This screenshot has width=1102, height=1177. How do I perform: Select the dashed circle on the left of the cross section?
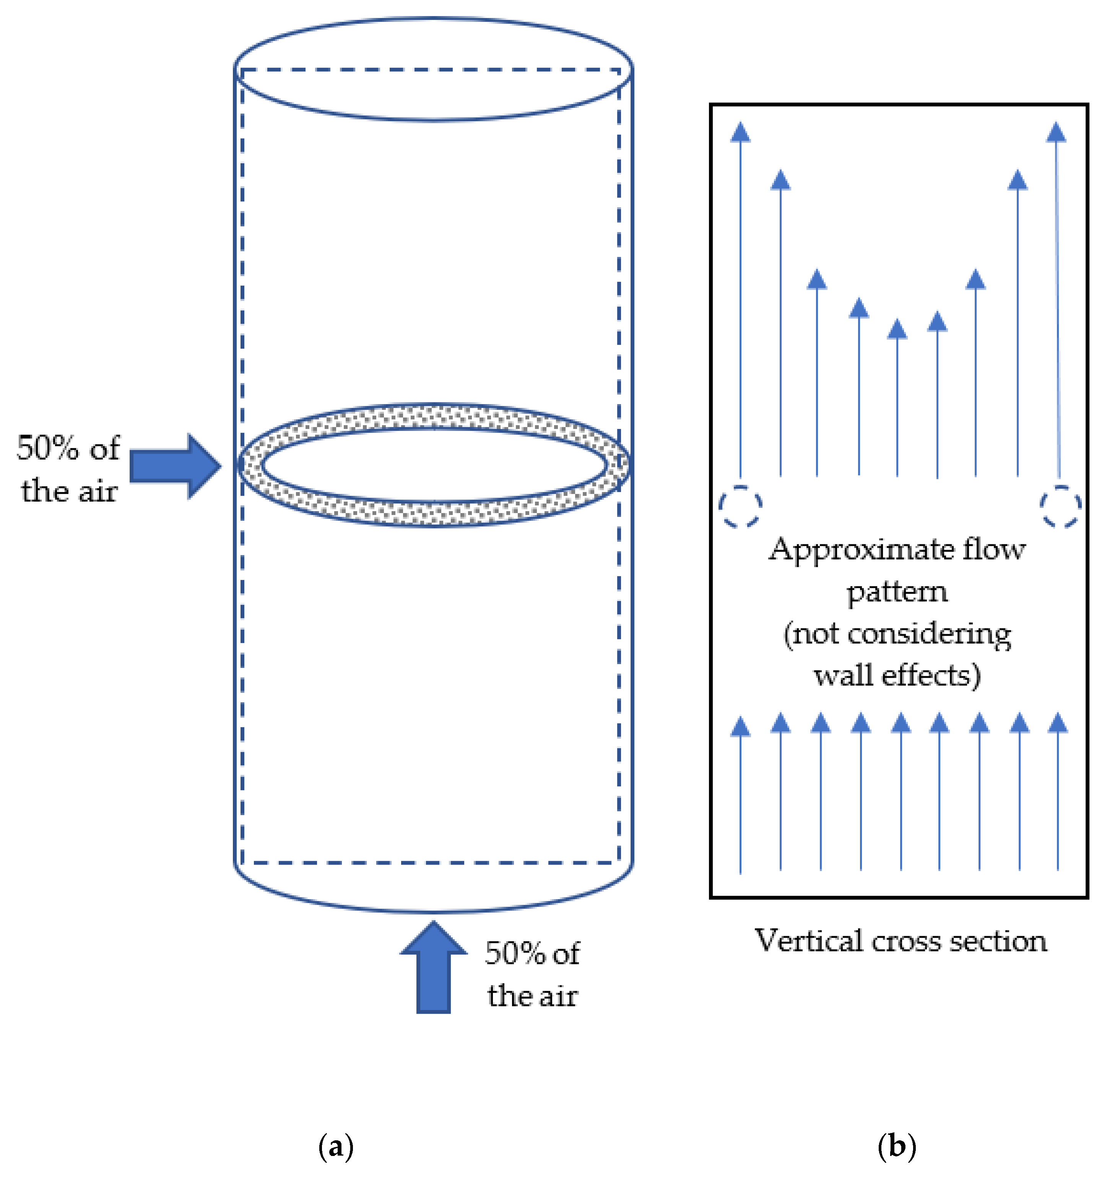point(740,506)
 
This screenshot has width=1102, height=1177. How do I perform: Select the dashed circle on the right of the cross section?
point(1061,506)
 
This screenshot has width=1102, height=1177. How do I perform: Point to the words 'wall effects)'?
point(897,675)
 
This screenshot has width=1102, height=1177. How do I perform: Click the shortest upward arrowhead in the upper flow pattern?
point(897,329)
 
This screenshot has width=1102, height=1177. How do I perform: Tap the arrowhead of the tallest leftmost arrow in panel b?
point(740,133)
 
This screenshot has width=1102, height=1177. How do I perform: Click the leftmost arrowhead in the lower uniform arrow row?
point(740,726)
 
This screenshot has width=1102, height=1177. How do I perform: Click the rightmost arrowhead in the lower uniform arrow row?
point(1058,724)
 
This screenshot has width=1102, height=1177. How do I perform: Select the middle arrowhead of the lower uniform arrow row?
point(900,724)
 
